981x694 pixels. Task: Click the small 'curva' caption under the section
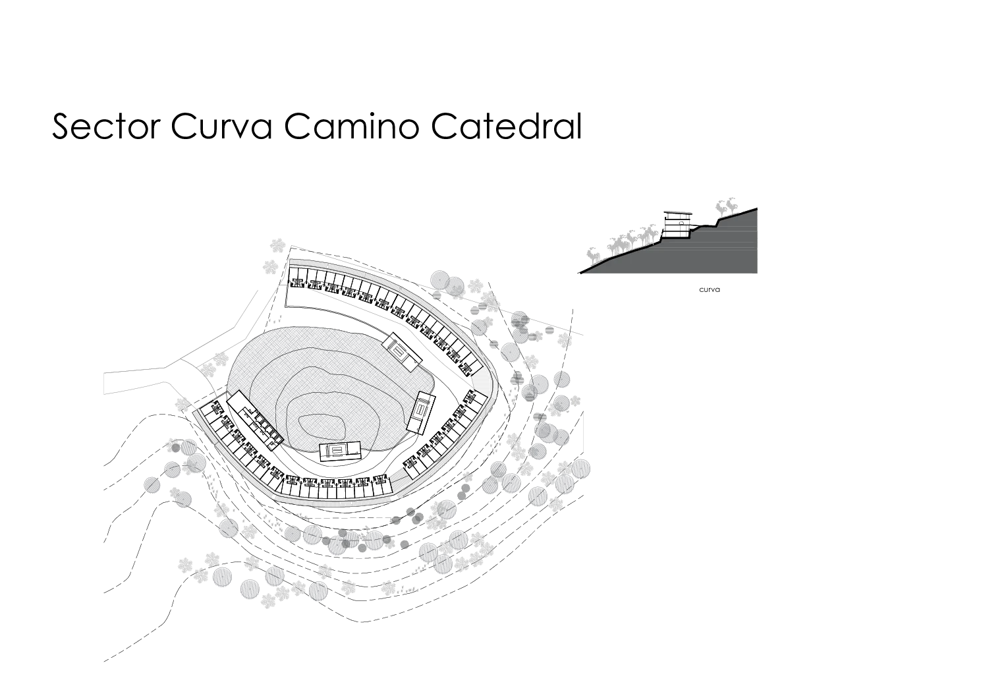click(710, 289)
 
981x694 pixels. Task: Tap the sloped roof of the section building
click(678, 213)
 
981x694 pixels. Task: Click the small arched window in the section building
click(681, 224)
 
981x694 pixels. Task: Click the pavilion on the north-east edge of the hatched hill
click(402, 352)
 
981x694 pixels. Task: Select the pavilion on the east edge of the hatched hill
click(421, 413)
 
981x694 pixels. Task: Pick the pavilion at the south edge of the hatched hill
click(340, 451)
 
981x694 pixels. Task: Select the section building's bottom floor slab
click(675, 237)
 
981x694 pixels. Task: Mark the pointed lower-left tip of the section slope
click(580, 274)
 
